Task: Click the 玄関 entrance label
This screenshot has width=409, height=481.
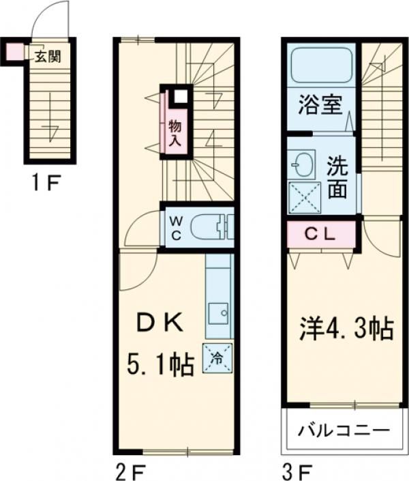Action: click(48, 55)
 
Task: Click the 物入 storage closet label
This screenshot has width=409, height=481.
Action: click(174, 132)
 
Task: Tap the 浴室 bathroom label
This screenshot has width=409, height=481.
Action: click(319, 107)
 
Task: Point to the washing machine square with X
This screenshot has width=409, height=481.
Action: click(304, 198)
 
